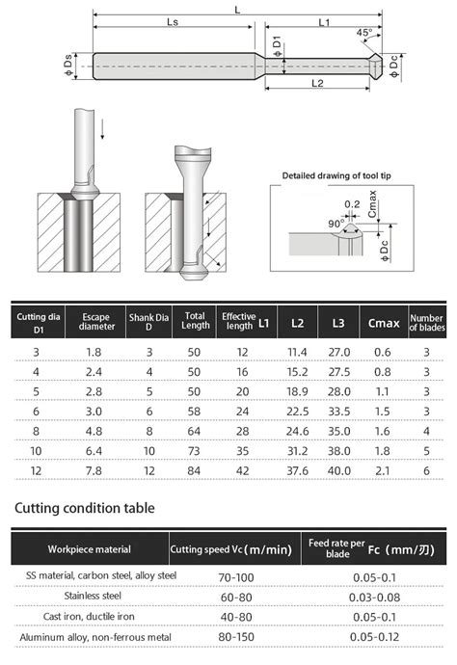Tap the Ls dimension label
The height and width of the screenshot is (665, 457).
(174, 21)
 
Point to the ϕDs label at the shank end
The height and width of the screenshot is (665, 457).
(69, 65)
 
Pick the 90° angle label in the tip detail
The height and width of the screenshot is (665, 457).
(336, 222)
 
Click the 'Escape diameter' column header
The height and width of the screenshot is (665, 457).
(96, 321)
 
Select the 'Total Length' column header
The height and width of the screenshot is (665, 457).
(196, 321)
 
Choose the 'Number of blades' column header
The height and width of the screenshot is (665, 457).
(426, 321)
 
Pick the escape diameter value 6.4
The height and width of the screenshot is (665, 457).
(96, 449)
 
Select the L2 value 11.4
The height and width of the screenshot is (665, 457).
(297, 353)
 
